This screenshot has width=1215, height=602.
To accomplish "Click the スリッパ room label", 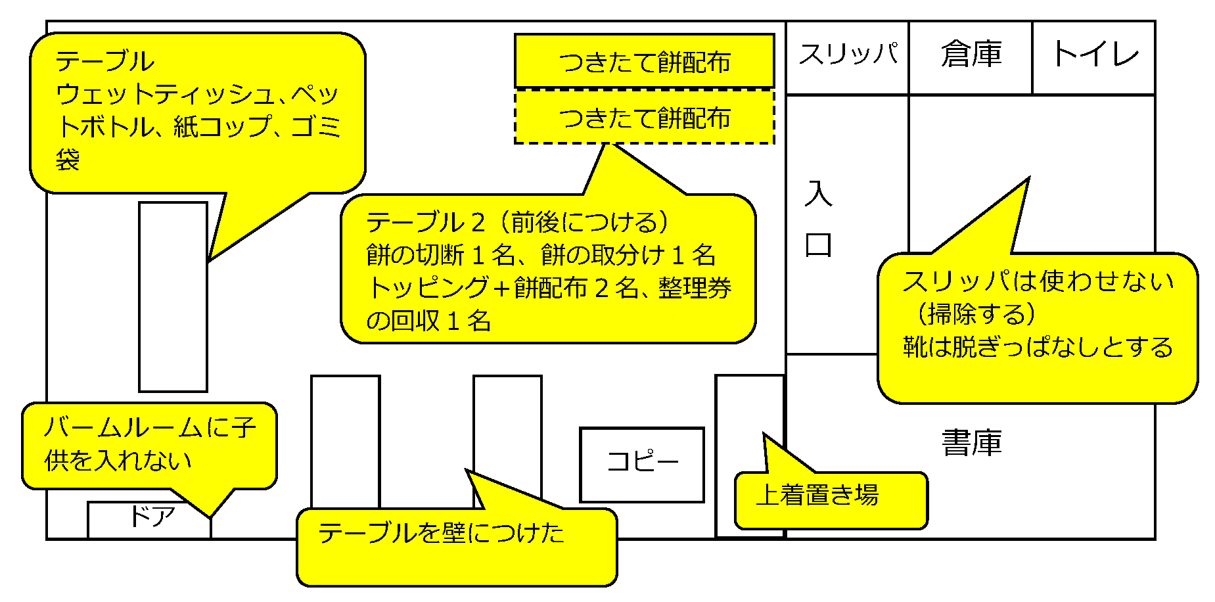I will (848, 54).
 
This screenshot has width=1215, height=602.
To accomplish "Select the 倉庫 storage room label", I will (971, 54).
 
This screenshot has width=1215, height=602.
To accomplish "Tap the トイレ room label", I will (1095, 54).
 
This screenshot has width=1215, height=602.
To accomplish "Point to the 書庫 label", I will (971, 443).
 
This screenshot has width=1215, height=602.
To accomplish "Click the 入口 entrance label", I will (818, 220).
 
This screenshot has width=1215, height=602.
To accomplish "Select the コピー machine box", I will (642, 463).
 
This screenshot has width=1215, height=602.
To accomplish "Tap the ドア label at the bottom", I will (152, 517).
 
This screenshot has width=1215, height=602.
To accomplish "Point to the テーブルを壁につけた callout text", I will (441, 533).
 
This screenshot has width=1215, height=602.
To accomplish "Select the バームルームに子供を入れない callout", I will (149, 445).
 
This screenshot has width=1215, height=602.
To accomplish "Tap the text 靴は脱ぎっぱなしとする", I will (1038, 347).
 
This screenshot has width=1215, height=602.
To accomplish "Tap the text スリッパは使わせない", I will (1038, 281).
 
